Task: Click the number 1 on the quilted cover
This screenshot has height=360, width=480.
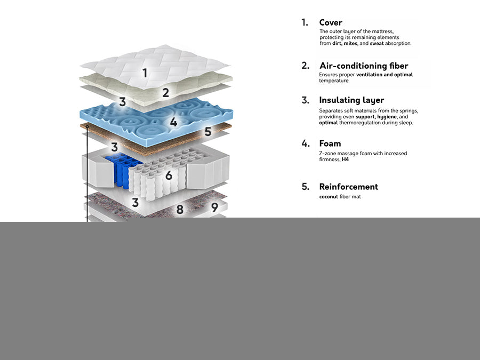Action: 145,73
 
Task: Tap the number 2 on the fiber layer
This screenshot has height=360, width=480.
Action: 166,93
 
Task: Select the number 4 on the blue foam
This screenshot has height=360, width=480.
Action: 173,122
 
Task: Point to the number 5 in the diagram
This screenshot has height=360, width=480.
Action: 207,131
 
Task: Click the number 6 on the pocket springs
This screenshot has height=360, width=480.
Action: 169,175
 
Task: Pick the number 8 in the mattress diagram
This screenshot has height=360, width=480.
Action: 180,210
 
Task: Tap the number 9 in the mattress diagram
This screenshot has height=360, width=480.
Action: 214,206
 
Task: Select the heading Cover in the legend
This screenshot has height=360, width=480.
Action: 331,22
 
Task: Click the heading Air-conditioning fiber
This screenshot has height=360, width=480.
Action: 363,66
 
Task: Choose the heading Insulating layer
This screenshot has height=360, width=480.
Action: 351,100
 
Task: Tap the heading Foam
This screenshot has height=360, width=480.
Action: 330,143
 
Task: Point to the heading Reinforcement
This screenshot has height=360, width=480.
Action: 348,187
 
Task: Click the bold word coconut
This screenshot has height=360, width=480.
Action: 329,197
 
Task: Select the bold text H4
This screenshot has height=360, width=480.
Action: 345,159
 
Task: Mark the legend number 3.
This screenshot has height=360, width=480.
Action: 305,100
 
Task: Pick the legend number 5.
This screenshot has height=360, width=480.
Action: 305,187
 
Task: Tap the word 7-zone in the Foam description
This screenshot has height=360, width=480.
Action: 328,153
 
